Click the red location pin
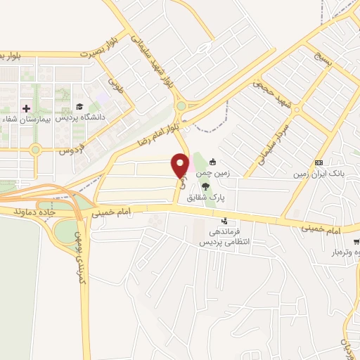(181, 165)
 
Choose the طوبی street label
(115, 89)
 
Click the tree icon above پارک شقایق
(205, 186)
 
